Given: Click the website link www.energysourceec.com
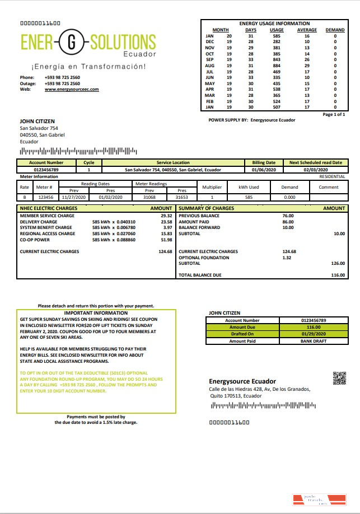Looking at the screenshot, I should tap(72, 90).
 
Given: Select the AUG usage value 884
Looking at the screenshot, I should tap(277, 66).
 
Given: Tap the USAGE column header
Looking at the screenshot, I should tap(277, 30).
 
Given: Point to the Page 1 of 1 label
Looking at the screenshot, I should tap(334, 114).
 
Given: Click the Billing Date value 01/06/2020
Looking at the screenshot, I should tap(263, 169).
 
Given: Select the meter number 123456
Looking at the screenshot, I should tap(46, 197).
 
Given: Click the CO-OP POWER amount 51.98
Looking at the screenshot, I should tap(166, 240).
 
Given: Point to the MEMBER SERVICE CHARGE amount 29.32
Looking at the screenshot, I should tap(166, 216).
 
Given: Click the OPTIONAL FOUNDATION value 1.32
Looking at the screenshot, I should tap(287, 258).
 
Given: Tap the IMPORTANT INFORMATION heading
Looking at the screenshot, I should tap(96, 313).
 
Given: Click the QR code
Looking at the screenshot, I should tap(339, 378).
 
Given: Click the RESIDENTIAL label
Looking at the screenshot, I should tap(332, 176).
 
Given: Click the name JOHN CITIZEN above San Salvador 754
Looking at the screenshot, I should tap(35, 120).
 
